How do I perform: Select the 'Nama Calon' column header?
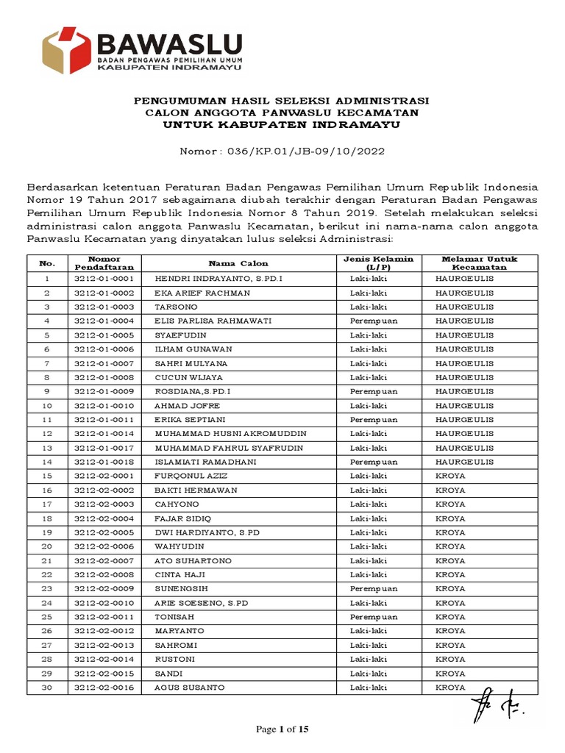point(238,263)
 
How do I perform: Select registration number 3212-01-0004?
point(104,321)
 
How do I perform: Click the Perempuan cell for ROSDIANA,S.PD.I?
point(374,391)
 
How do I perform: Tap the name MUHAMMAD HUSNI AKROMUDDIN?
point(230,434)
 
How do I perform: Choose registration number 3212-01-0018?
point(104,462)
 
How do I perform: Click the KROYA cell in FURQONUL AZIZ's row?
point(450,476)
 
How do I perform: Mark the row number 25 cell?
point(47,617)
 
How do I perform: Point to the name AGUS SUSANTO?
point(190,688)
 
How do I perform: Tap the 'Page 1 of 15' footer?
point(282,729)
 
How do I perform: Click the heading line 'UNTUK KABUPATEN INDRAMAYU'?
point(282,125)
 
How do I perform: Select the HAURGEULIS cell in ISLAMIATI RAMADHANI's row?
point(464,462)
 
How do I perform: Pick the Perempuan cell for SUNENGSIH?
point(374,589)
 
